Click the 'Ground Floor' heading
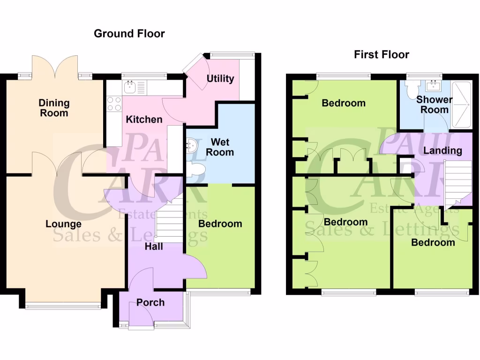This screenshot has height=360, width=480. [x=129, y=34]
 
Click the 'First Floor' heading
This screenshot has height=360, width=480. [x=381, y=55]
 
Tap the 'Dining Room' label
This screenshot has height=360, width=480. [x=54, y=108]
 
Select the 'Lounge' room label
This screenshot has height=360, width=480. [x=63, y=224]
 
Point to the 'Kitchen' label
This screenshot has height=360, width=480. [x=144, y=120]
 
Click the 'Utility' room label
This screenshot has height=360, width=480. [x=220, y=78]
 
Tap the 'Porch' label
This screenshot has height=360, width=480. [x=150, y=303]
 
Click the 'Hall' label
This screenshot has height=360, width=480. [x=154, y=246]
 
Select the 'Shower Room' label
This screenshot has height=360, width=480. [x=435, y=105]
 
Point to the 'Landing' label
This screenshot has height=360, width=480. [x=443, y=150]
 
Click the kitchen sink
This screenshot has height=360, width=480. [x=130, y=87]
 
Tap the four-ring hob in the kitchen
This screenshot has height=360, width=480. [x=114, y=104]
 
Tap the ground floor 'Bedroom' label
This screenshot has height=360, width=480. [x=220, y=224]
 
